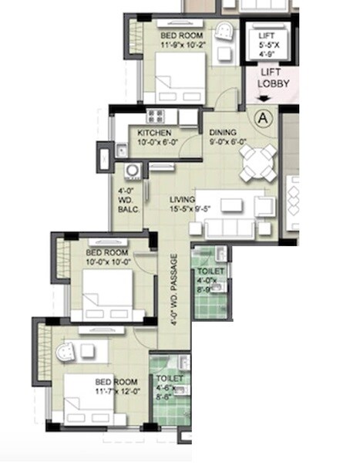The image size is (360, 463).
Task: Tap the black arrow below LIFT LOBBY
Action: tap(264, 98)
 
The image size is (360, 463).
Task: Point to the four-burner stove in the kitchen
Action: tap(156, 117)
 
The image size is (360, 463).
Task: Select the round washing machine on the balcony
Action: tap(132, 171)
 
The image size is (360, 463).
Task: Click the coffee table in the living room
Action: tap(231, 205)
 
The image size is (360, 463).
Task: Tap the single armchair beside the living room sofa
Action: tap(264, 206)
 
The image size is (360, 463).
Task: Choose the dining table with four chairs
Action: tap(255, 162)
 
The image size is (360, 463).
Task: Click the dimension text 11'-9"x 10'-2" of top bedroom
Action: tap(183, 46)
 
